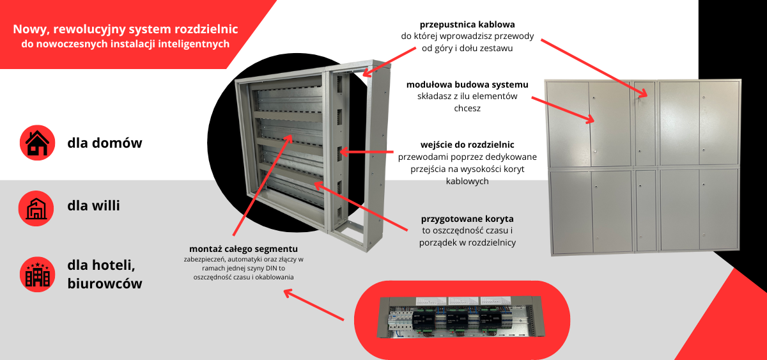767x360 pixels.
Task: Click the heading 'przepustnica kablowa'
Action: pos(467,24)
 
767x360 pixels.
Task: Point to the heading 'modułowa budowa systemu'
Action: pos(467,84)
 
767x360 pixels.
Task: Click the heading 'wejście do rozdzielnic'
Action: pos(467,145)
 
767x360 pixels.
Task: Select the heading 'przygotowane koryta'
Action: pos(467,219)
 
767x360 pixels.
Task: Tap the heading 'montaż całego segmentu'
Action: pos(244,248)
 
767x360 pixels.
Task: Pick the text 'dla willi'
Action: pos(93,206)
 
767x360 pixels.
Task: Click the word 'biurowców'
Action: pos(104,284)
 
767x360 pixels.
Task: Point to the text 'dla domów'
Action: pos(104,143)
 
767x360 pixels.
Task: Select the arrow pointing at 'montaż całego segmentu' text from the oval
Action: pos(317,305)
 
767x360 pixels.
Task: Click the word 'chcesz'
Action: pos(467,109)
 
